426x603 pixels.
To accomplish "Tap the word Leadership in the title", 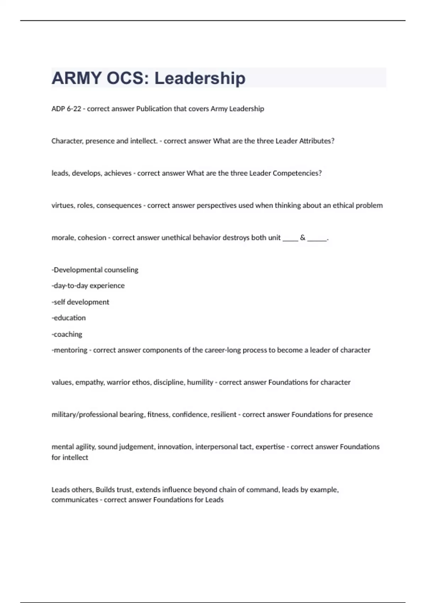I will (x=200, y=78).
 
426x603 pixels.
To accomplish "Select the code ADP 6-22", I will (x=66, y=109).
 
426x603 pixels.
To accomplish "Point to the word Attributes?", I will (x=317, y=141).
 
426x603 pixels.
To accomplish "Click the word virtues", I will (x=62, y=205).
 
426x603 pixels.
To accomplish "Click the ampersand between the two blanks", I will (x=302, y=238).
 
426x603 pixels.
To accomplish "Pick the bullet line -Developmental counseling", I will (x=95, y=270).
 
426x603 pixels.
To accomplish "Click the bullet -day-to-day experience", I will (x=88, y=286).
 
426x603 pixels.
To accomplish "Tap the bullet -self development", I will (x=80, y=302).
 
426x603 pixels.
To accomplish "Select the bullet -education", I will (x=69, y=318).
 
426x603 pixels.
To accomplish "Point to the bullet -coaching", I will (x=67, y=334).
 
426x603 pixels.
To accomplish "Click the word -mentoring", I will (x=69, y=350).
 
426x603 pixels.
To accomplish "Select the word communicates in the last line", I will (x=75, y=500).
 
